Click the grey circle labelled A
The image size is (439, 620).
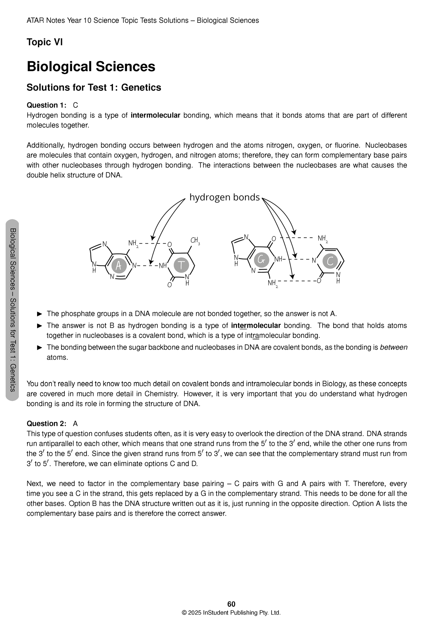[x=119, y=266]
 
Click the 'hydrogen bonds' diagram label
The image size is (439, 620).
[x=225, y=198]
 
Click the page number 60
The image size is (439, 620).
[x=231, y=604]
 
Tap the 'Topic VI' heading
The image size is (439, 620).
[x=45, y=42]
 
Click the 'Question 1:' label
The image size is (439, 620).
[x=46, y=105]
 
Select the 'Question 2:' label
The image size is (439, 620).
[x=46, y=424]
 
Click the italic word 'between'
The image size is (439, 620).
[x=393, y=347]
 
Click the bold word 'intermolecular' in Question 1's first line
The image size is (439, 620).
[x=155, y=115]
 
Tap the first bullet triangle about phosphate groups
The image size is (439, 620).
[x=39, y=314]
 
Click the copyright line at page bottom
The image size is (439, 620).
[x=231, y=612]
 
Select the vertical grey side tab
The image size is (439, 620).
[x=12, y=310]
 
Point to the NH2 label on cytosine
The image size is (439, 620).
[x=323, y=239]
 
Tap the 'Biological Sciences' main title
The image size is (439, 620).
[x=91, y=67]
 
